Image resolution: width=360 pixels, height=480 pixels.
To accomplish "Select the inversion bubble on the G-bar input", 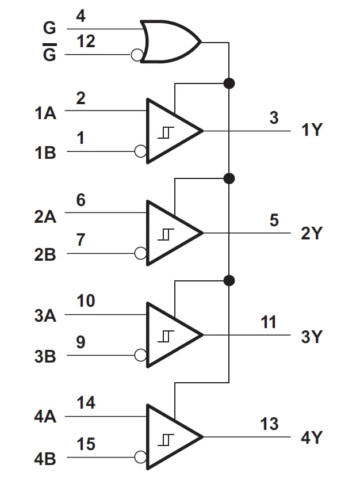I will (x=136, y=55).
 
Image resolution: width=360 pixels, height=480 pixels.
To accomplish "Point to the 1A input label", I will (x=45, y=113).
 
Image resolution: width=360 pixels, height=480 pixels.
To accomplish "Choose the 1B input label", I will (x=45, y=154).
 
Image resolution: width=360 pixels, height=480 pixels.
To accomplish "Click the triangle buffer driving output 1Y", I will (x=173, y=131).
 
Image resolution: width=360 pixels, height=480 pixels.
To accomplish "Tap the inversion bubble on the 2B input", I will (x=140, y=253).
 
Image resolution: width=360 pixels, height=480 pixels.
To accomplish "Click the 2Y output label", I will (x=312, y=234).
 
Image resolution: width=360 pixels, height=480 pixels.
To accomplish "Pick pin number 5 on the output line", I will (x=274, y=220).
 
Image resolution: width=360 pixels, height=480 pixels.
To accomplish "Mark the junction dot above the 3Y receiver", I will (x=229, y=280).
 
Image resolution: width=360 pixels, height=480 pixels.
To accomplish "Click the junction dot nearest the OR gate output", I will (x=229, y=83).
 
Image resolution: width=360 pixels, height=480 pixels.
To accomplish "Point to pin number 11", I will (x=269, y=322).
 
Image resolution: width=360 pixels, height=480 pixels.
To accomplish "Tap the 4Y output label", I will (x=312, y=437).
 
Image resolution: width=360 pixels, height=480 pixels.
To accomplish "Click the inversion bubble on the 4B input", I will (x=140, y=458).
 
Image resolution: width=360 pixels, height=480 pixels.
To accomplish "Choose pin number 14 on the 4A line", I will (x=86, y=403).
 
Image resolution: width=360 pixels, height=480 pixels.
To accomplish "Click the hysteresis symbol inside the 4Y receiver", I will (x=166, y=439).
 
